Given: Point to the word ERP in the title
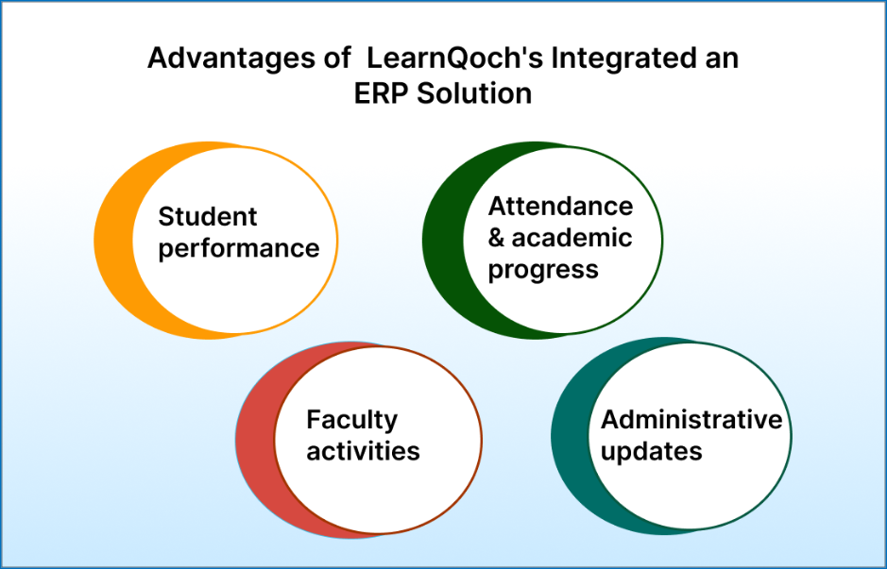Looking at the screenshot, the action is pos(382,93).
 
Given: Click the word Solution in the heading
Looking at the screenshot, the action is pos(474,93).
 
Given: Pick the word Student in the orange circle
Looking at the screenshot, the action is pos(208,216).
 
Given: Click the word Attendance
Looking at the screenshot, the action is pos(560,207).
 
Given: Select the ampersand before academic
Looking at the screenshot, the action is pos(496,238).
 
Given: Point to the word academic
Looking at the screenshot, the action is pos(571,238).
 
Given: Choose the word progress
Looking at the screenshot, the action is pos(543,271).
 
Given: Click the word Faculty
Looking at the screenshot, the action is pos(351,421).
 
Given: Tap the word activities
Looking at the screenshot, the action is pos(363,451).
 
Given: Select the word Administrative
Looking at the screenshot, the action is pos(691,419).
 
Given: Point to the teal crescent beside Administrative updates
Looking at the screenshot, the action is pos(571,436).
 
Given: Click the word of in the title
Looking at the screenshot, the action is pos(337,59).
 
